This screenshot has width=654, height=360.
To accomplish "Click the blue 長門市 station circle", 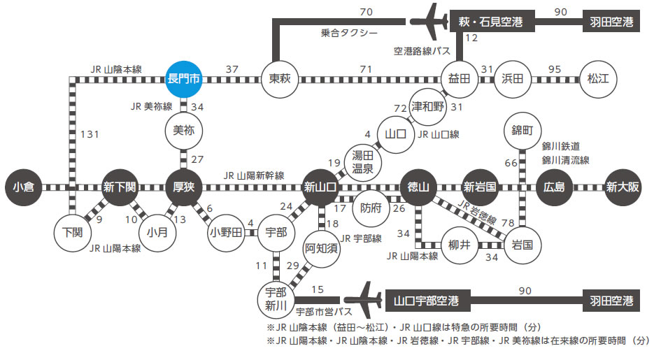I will click(x=183, y=78).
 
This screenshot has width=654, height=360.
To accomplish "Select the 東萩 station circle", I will click(x=280, y=78).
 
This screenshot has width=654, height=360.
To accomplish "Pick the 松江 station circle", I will click(x=597, y=78).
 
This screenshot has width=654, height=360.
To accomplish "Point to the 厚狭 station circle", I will click(x=184, y=187).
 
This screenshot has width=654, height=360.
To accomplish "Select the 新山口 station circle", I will click(x=321, y=187).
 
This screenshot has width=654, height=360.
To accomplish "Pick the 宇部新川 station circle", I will click(x=277, y=296).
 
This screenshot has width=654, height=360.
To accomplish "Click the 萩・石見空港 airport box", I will click(x=492, y=22).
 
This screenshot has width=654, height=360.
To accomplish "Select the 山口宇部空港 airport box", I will click(x=427, y=301).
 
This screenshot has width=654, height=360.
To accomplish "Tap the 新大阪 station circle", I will click(x=623, y=187).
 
